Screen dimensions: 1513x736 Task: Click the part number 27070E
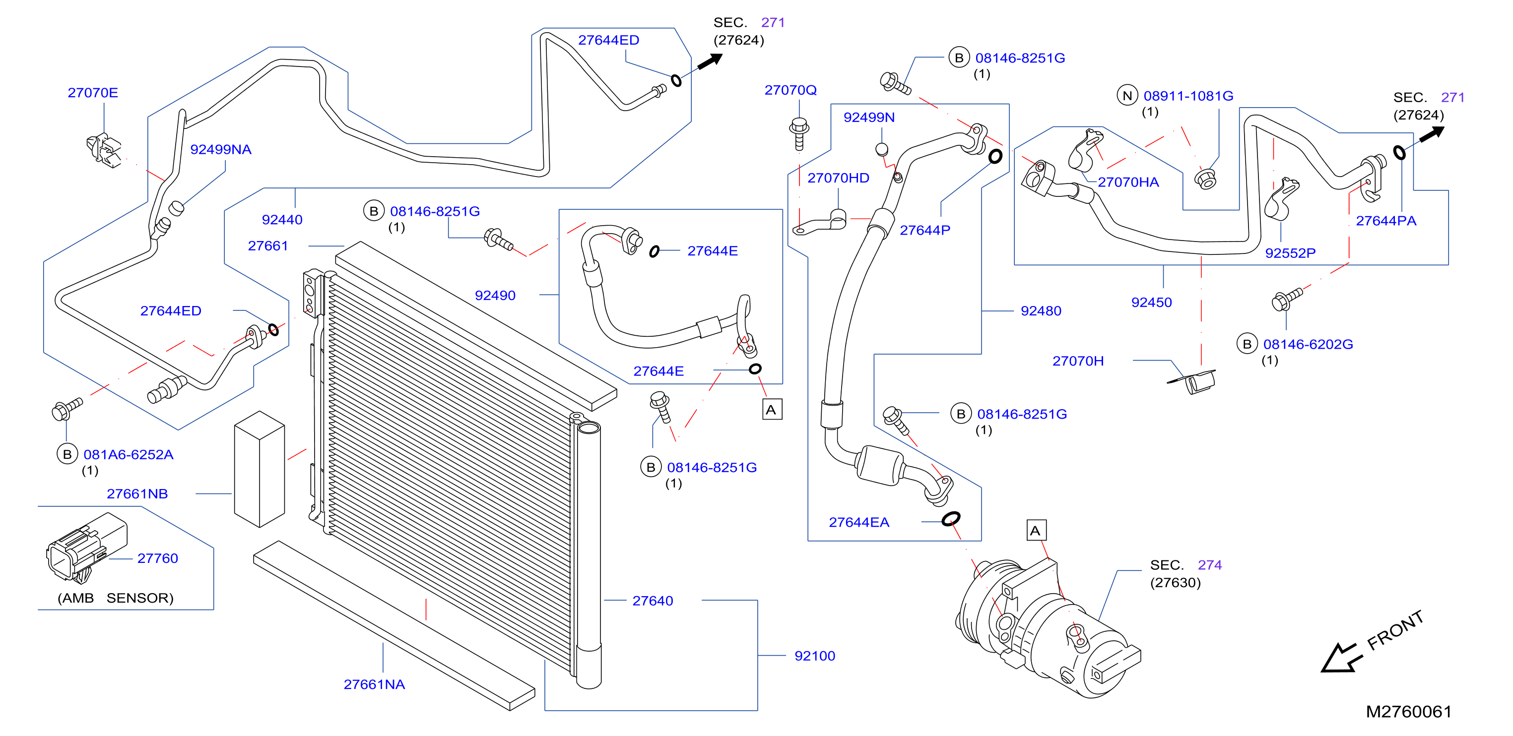point(93,93)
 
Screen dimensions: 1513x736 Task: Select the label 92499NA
point(221,150)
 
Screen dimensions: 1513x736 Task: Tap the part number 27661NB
point(137,494)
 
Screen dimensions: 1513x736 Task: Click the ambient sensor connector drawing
point(86,549)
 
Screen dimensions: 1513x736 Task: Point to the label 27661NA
point(374,685)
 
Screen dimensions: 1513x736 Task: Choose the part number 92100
point(815,656)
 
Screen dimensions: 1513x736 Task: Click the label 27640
point(653,601)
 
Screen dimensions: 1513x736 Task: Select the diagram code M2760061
point(1408,712)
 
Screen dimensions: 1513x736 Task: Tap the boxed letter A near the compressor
point(1036,531)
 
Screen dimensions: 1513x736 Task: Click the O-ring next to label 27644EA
point(951,519)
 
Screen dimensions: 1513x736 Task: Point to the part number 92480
point(1041,311)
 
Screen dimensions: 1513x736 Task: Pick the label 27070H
point(1078,361)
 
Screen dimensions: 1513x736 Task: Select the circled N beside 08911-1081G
point(1127,96)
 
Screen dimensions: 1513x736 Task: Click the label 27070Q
point(790,90)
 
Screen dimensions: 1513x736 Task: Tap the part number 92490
point(495,296)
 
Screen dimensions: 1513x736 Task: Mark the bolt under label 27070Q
point(799,134)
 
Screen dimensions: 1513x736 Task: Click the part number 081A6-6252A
point(128,455)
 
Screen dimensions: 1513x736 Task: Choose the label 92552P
point(1290,253)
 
